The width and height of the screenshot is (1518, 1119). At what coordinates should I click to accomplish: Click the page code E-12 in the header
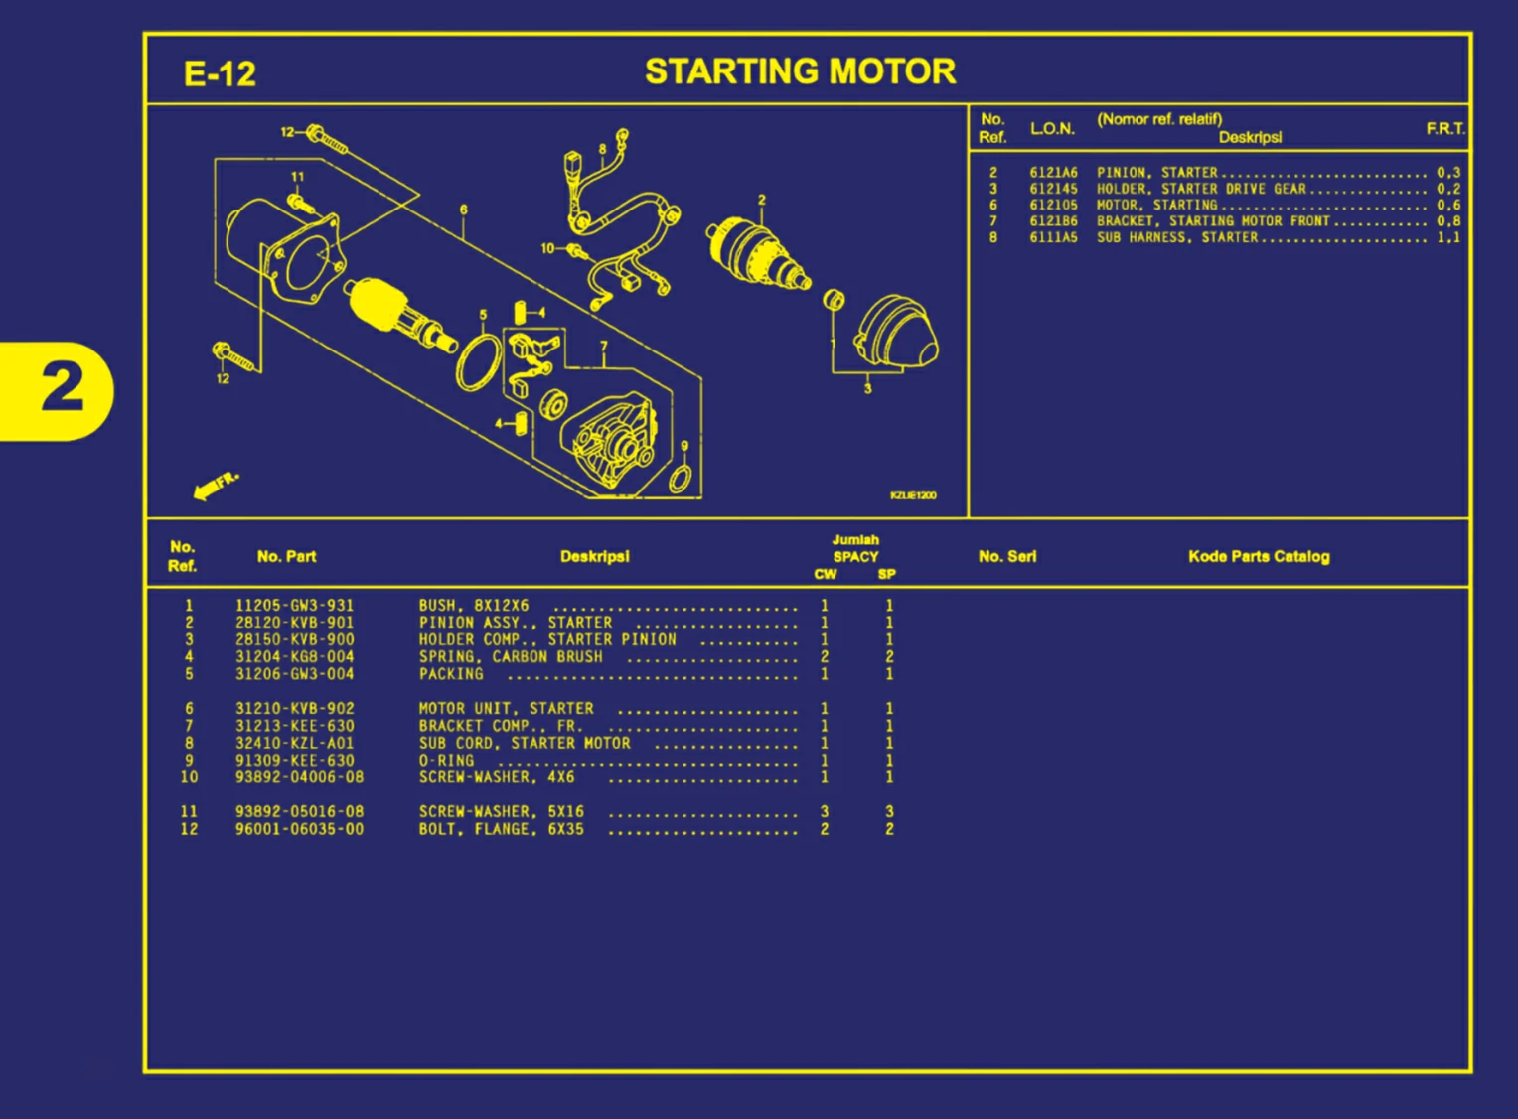point(220,74)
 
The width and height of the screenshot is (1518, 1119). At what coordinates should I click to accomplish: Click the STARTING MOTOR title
point(800,71)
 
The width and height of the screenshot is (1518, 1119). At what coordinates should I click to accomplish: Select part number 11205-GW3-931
point(294,606)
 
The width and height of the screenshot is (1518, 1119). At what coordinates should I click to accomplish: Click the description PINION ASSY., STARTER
point(515,623)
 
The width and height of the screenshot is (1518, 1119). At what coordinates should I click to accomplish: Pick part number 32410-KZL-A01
point(294,743)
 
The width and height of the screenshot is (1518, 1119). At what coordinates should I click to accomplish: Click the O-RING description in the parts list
point(446,761)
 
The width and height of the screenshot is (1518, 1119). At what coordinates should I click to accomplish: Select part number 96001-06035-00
point(299,829)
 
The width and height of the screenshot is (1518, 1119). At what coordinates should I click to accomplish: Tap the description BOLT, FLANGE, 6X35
point(501,829)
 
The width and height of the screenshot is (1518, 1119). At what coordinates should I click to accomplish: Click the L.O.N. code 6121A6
point(1053,173)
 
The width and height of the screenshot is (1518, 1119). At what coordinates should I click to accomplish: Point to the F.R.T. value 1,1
point(1447,238)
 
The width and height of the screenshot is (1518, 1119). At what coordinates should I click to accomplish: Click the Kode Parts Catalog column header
point(1258,557)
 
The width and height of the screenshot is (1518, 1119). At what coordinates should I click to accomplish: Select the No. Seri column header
point(1006,557)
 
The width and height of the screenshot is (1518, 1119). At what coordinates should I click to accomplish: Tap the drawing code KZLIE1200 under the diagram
point(912,495)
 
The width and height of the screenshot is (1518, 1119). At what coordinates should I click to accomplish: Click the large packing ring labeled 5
point(479,362)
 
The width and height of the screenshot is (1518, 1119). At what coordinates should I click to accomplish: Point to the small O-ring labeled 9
point(681,479)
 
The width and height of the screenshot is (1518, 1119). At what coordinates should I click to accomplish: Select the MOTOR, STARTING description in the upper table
point(1156,206)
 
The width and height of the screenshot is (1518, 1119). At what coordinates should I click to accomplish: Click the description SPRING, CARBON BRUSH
point(510,657)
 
